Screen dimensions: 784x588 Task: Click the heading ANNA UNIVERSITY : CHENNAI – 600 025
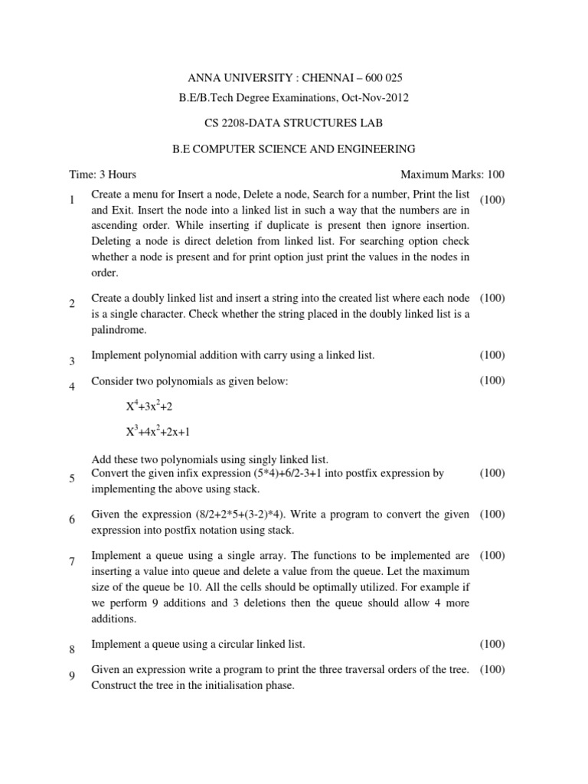tap(295, 78)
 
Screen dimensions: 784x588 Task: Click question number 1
tap(70, 201)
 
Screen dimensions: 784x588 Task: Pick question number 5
tap(71, 479)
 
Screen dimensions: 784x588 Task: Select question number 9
tap(71, 675)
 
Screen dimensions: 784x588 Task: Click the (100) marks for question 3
tap(492, 355)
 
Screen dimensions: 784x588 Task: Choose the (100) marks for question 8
tap(492, 645)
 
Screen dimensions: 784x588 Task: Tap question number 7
tap(71, 562)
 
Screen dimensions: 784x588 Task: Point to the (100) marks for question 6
tap(492, 514)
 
